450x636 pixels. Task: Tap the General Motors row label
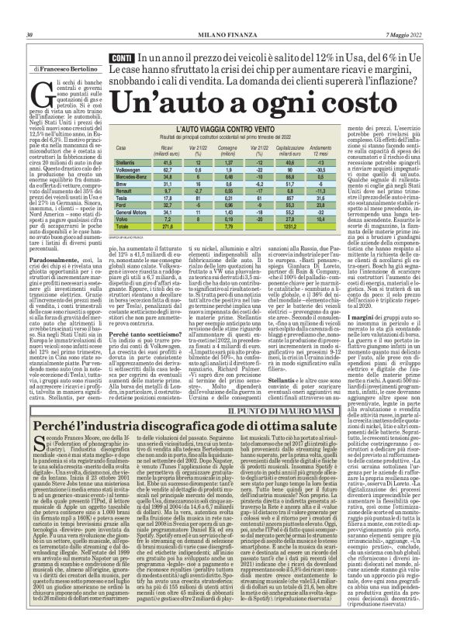(131, 212)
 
